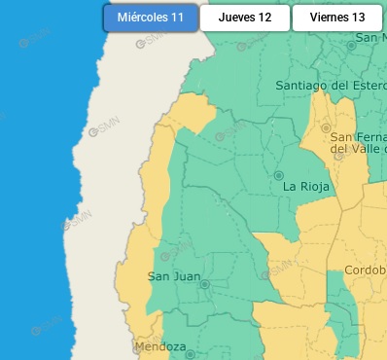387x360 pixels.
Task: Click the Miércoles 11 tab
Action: [150, 18]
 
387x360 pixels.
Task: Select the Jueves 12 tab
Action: [244, 18]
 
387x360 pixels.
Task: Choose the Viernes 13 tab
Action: [337, 18]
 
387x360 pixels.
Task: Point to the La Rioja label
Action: [307, 186]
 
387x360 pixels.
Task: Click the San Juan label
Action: [173, 277]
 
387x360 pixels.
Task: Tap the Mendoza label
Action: [160, 347]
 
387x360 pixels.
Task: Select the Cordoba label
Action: [366, 270]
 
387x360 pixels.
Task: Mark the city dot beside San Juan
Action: [205, 284]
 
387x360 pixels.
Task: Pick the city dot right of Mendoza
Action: [191, 354]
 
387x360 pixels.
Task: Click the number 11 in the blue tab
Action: [176, 18]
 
